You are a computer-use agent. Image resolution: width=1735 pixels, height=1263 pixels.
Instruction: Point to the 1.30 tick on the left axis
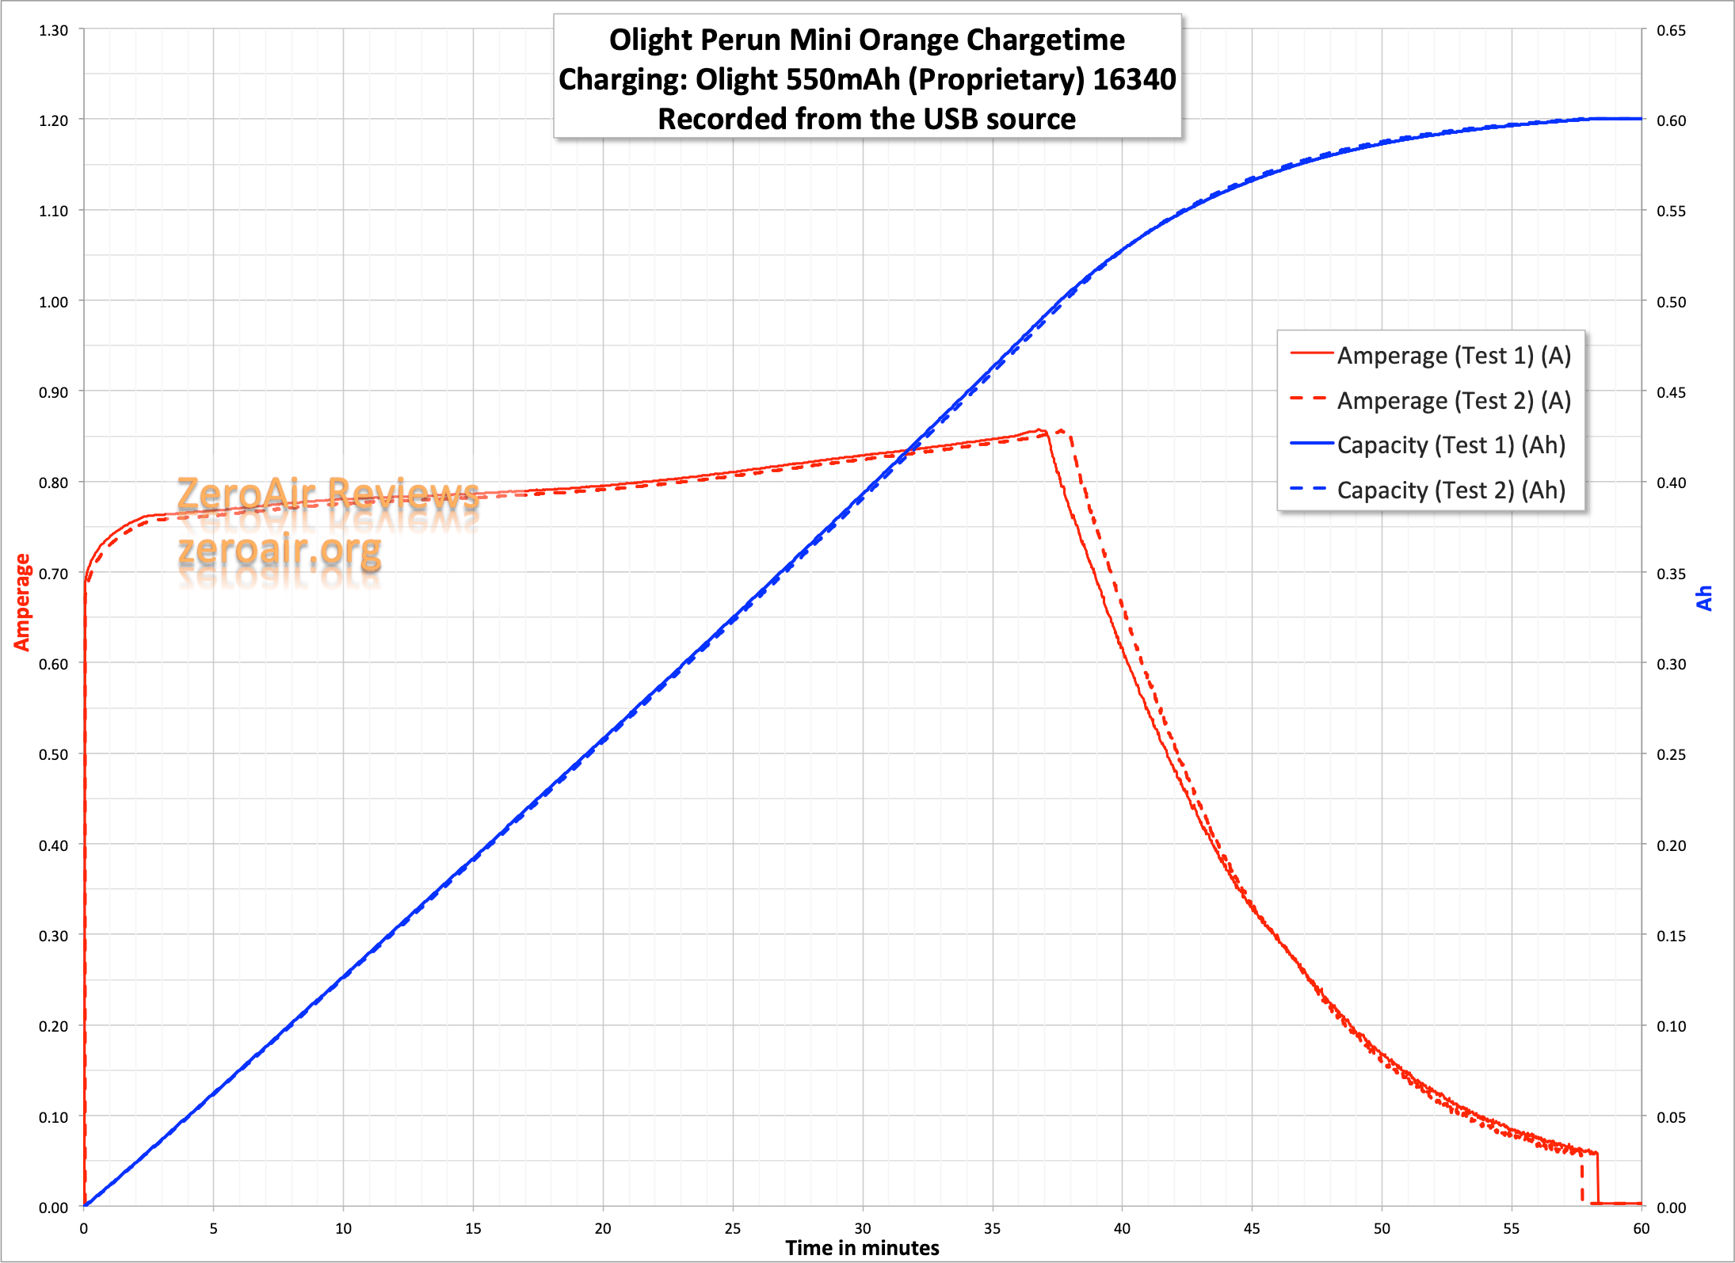tap(53, 31)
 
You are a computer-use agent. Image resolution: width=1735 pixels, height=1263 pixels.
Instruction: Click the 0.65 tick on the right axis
tap(1671, 31)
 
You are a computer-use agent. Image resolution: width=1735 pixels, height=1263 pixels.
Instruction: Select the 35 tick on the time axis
tap(992, 1228)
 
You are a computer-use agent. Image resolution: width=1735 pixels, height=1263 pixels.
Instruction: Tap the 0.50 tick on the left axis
tap(53, 754)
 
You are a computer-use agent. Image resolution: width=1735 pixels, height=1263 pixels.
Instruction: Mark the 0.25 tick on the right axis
tap(1671, 754)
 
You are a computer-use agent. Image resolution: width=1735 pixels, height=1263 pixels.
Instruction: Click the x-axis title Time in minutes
tap(862, 1248)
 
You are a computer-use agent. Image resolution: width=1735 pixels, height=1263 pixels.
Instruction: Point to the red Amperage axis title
tap(21, 602)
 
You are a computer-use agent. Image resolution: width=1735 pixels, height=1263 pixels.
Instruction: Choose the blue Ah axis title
tap(1704, 598)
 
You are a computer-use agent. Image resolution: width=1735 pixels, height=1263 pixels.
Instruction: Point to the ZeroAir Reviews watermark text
tap(327, 493)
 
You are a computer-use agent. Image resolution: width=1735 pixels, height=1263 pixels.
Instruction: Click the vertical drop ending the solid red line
tap(1598, 1179)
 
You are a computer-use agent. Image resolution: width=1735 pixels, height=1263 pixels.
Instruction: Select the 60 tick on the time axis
tap(1641, 1228)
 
